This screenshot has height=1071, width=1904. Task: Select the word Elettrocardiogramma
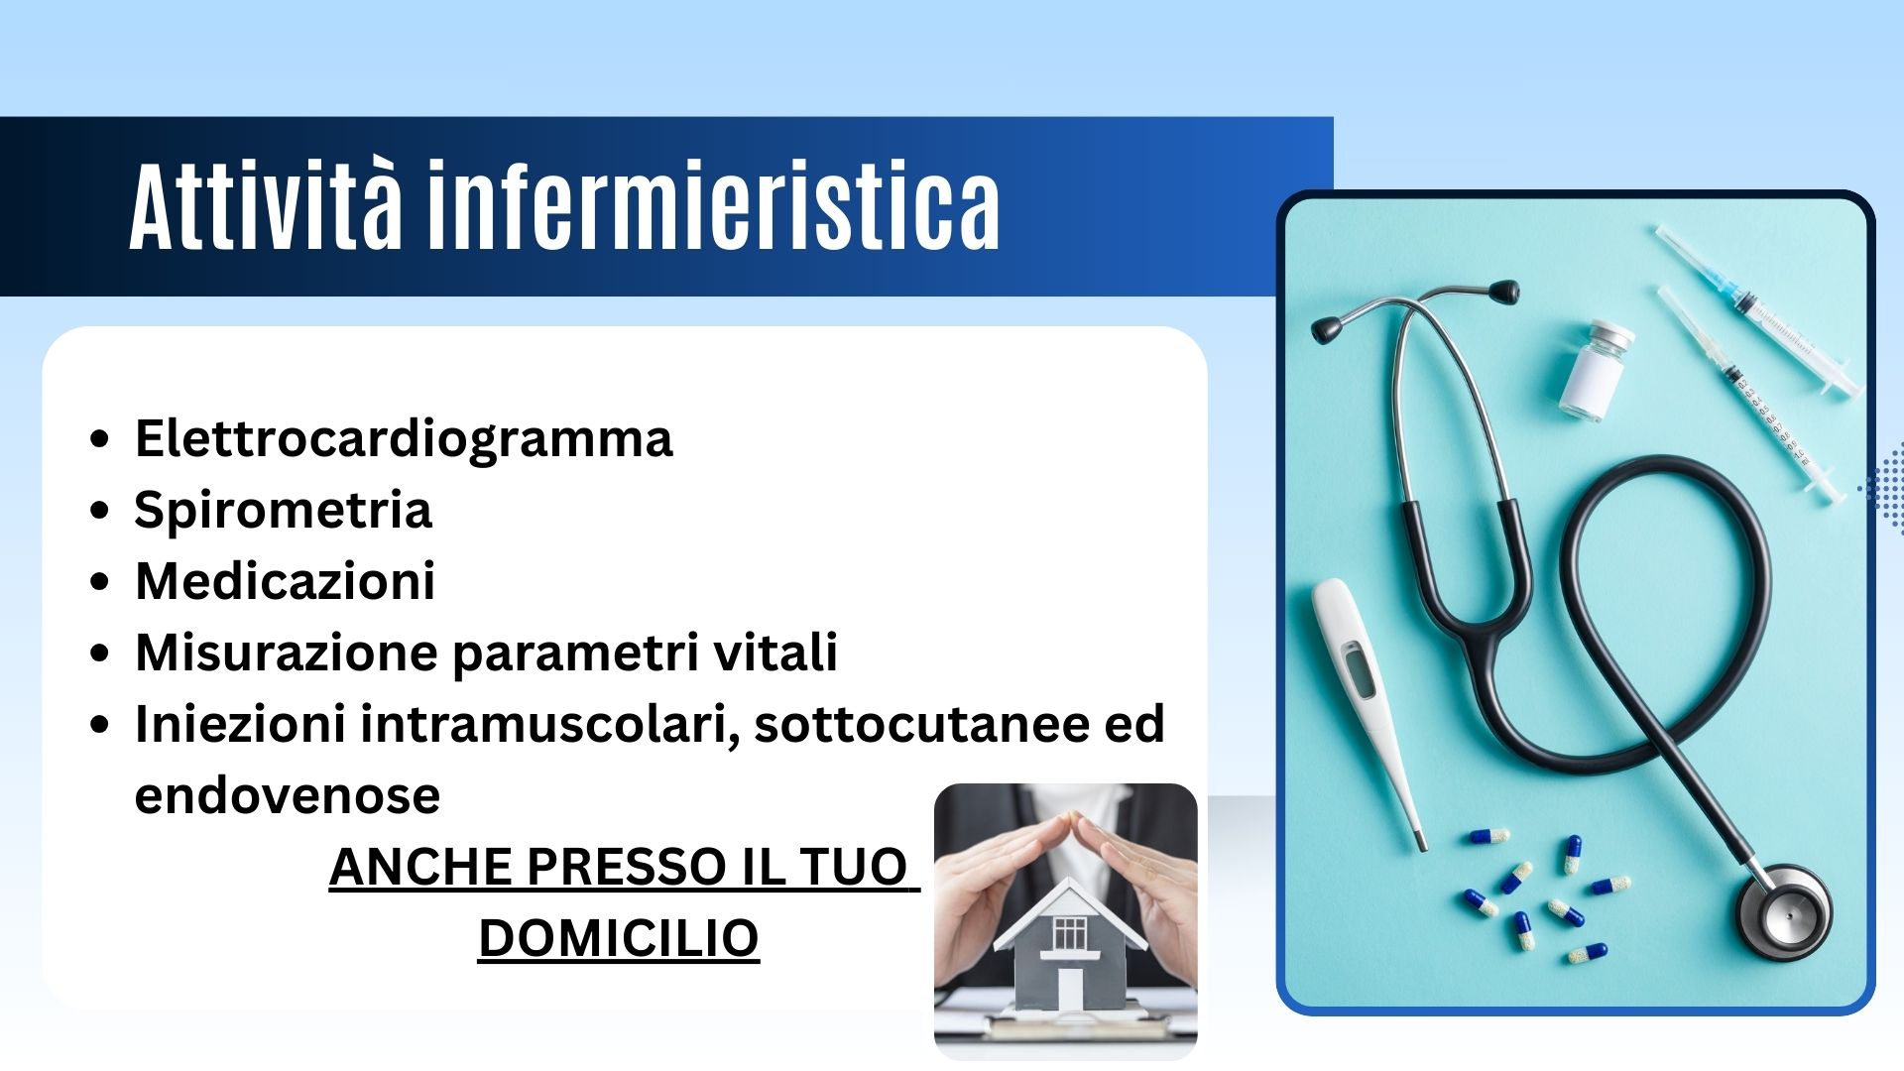click(x=404, y=439)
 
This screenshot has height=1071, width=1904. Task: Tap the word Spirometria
click(x=283, y=510)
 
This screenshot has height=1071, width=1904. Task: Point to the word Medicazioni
click(x=286, y=581)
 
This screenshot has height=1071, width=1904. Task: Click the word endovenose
click(x=288, y=795)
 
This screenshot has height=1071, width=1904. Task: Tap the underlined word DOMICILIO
click(x=619, y=938)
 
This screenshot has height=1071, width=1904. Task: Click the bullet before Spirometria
click(x=99, y=511)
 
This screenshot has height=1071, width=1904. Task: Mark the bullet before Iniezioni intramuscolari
click(x=99, y=725)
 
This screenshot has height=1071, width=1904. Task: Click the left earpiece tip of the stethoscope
click(x=1326, y=329)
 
